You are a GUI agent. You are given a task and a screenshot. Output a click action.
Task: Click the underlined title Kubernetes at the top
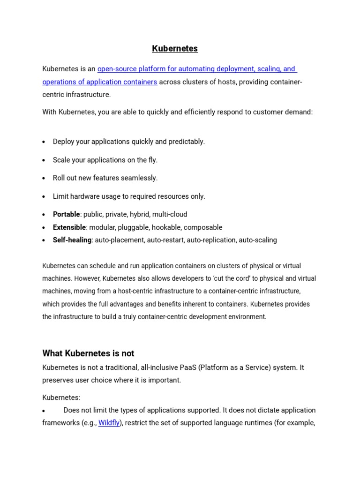coord(175,49)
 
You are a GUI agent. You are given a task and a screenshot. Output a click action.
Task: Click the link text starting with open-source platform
coord(197,69)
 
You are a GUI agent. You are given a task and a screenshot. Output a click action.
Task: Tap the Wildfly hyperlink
coord(109,423)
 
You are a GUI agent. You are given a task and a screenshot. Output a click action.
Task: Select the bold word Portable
coord(66,214)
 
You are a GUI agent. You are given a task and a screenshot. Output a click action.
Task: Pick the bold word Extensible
coord(69,227)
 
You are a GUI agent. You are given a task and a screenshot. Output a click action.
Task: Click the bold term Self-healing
coord(72,240)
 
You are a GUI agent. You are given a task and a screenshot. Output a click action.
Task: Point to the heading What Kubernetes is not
coord(88,353)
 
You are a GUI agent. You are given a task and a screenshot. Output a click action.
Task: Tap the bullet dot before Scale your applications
coord(44,160)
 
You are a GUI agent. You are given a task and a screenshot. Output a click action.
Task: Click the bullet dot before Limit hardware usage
coord(44,197)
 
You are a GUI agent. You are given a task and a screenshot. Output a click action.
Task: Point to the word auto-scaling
coord(258,240)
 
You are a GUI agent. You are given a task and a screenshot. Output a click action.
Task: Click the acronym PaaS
coord(187,367)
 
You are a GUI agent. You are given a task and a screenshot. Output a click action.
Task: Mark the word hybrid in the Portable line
coord(140,214)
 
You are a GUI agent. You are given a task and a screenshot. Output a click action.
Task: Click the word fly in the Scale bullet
coord(152,160)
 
